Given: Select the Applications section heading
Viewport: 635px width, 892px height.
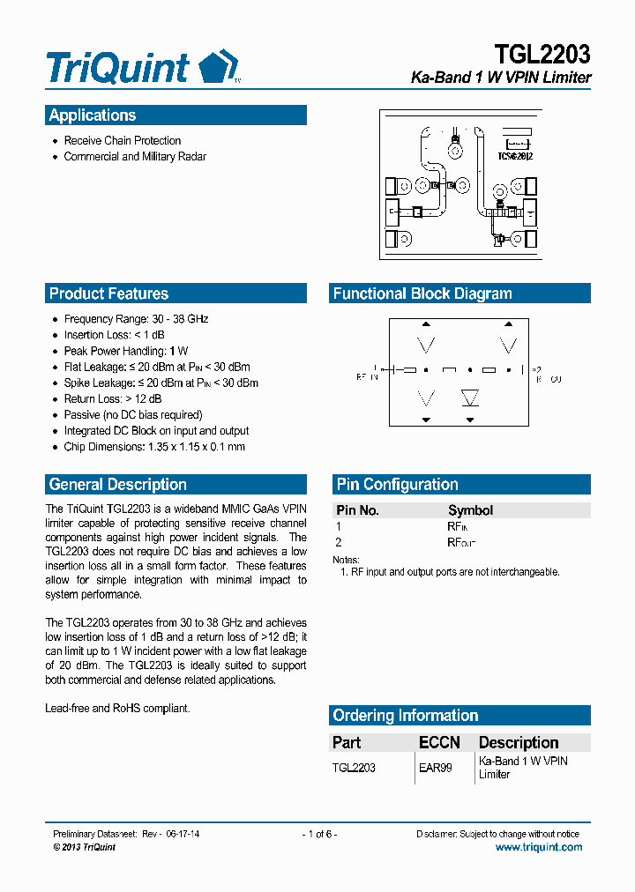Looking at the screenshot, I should coord(93,115).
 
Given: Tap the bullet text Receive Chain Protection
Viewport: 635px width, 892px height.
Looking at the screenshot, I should coord(122,141).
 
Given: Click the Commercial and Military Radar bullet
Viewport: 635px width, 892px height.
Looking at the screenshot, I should coord(135,157).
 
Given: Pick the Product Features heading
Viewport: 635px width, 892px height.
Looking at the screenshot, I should coord(108,294).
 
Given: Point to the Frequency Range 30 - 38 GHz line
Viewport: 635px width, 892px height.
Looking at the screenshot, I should coord(136,319).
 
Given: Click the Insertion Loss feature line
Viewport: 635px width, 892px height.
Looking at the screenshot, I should coord(114,335).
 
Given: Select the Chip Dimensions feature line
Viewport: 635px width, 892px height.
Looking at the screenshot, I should coord(154,447).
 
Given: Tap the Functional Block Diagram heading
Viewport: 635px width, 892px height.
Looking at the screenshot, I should coord(422,294).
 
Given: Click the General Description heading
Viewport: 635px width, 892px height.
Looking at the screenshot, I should coord(117,485).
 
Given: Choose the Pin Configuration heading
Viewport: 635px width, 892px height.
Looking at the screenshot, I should coord(397,485).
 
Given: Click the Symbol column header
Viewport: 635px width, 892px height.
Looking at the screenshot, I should coord(470,510).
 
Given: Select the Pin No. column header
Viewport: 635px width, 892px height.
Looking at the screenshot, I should coord(357,510).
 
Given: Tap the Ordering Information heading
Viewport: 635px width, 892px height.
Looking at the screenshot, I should coord(405,716).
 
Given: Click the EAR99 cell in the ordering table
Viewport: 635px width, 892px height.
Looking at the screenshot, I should coord(435,768).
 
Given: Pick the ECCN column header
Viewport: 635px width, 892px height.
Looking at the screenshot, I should coord(439,743).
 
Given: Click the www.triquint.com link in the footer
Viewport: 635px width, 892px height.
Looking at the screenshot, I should coord(538,847).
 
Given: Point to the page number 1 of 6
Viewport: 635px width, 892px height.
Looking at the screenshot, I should coord(319,834).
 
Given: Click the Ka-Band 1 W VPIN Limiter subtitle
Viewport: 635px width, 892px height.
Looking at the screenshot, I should coord(501,78).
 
